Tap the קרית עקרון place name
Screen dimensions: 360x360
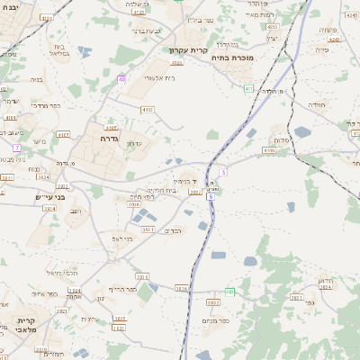[x=188, y=50]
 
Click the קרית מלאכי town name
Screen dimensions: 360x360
[x=24, y=325]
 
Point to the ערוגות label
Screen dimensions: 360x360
[x=90, y=319]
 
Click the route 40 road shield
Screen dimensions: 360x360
[x=121, y=79]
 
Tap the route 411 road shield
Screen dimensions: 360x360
[x=248, y=88]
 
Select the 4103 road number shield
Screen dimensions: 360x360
[x=147, y=109]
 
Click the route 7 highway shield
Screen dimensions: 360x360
[x=17, y=146]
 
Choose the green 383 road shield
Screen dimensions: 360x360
[x=229, y=292]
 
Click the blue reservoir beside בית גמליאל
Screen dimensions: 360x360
[x=85, y=52]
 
